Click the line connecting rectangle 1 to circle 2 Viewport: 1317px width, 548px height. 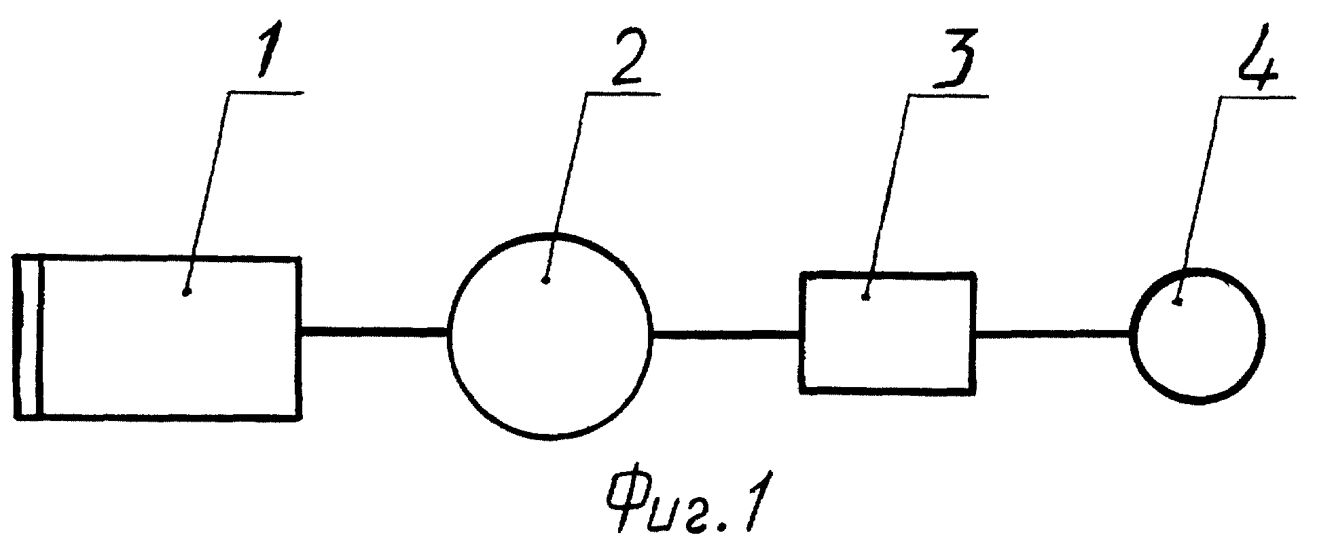[374, 331]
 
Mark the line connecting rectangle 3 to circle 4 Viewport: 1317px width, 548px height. [1053, 333]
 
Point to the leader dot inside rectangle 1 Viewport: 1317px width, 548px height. [187, 293]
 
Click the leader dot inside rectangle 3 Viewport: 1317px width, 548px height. [865, 296]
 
